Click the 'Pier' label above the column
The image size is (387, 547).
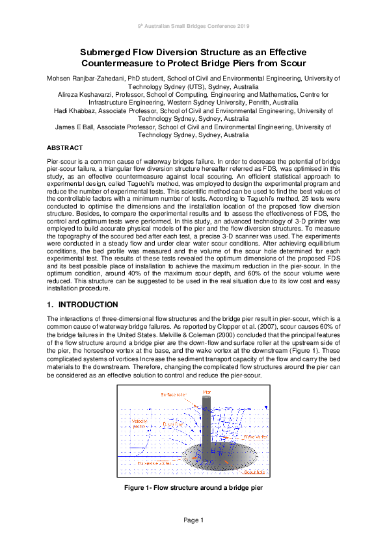(x=207, y=392)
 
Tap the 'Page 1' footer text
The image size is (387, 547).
(x=193, y=520)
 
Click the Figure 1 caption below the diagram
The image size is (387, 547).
(x=193, y=487)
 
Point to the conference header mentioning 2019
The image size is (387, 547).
(x=193, y=25)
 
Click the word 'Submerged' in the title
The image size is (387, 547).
(x=109, y=52)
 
